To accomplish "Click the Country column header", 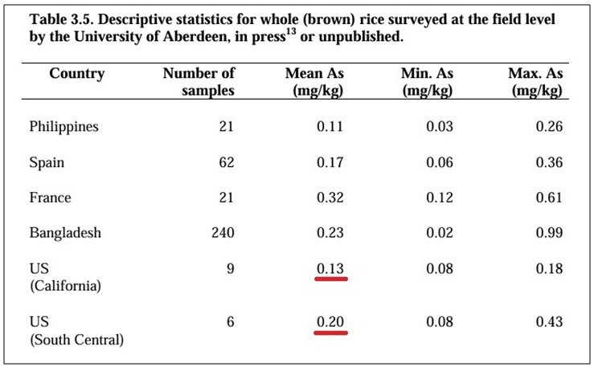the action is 77,73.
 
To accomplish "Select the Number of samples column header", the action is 199,82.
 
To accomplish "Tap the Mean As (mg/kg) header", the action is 315,82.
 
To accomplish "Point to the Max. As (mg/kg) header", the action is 535,82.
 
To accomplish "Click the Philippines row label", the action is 64,127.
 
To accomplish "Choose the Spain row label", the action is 47,163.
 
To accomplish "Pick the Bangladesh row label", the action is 66,232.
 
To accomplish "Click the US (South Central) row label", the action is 77,331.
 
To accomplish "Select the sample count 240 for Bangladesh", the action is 223,232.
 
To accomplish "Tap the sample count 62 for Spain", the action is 227,162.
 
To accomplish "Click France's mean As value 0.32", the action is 330,198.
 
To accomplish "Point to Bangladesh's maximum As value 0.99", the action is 549,232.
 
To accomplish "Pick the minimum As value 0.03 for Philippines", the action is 440,126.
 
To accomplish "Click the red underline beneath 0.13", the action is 331,279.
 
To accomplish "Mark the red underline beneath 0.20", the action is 330,333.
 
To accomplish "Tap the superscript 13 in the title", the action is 291,31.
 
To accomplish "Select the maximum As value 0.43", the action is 549,321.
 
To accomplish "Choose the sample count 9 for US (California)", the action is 231,269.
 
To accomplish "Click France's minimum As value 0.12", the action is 440,198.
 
